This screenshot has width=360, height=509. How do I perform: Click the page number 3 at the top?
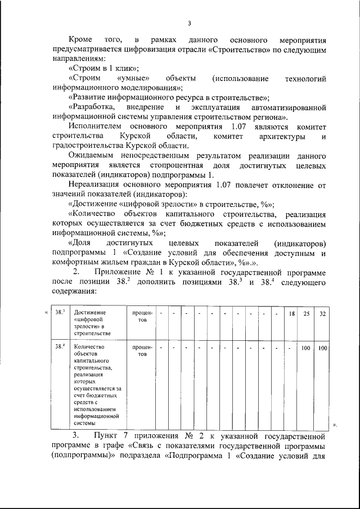tap(190, 23)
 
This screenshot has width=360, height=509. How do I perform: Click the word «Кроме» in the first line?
tap(81, 42)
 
